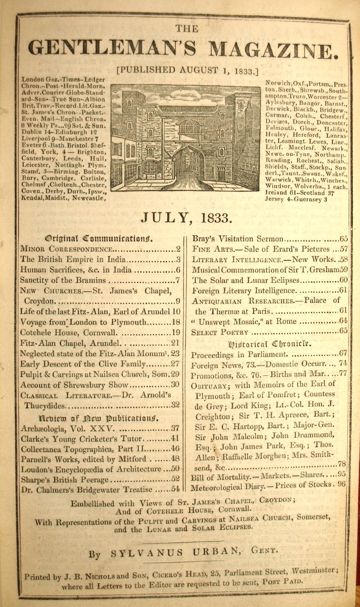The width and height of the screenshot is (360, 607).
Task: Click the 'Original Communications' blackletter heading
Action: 99,239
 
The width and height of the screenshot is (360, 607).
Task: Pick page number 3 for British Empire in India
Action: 178,260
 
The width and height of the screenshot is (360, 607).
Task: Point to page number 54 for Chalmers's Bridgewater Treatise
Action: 175,489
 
